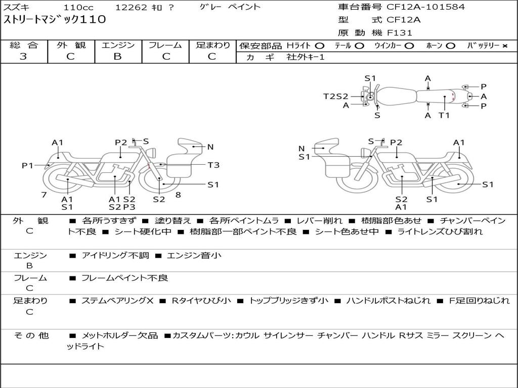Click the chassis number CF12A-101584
(425, 7)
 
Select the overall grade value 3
(23, 57)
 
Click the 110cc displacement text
(78, 7)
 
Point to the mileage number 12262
(131, 7)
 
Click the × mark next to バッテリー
(505, 46)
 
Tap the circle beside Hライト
(320, 46)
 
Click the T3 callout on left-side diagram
(213, 165)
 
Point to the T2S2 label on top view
(336, 96)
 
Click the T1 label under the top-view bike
(444, 115)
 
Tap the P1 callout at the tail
(28, 165)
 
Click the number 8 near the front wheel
(178, 195)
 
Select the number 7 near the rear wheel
(44, 195)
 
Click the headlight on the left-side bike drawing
(152, 153)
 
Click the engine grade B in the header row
(117, 57)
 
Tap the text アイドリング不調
(115, 255)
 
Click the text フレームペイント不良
(124, 278)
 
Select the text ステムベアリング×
(117, 301)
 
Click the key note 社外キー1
(306, 57)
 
